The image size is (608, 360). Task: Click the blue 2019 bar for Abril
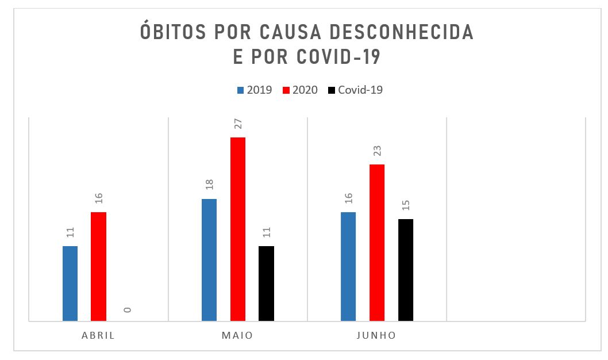coord(70,283)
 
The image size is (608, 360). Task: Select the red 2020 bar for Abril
coord(98,266)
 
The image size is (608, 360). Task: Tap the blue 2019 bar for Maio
coord(209,259)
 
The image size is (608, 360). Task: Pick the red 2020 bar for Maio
coord(238,229)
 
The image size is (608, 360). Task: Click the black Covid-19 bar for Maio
coord(266,283)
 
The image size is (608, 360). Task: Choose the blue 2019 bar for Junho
coord(348,266)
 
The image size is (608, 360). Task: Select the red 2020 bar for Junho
coord(377,242)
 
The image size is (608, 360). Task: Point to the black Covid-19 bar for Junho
coord(405,270)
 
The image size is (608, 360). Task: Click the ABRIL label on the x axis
coord(98,335)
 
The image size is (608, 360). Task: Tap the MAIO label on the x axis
coord(237,335)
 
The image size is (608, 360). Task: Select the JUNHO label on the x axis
coord(376,335)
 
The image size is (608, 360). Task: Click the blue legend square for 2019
coord(241,90)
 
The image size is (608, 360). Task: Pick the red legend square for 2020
coord(286,90)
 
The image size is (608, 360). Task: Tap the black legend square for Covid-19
coord(332,90)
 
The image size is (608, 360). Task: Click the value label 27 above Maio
coord(238,124)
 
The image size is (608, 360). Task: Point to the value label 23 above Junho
coord(377,151)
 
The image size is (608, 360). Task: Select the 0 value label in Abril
coord(127,309)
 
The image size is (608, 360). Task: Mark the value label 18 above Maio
coord(209,185)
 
